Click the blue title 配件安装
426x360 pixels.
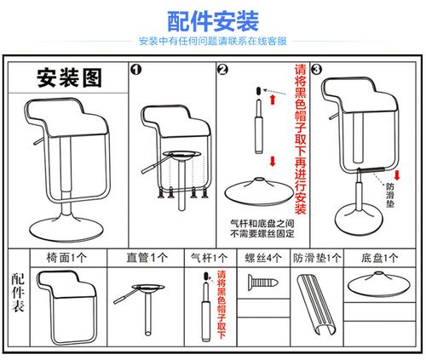[212, 20]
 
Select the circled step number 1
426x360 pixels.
[135, 71]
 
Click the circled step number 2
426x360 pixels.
[222, 71]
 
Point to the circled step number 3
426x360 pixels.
[316, 71]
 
